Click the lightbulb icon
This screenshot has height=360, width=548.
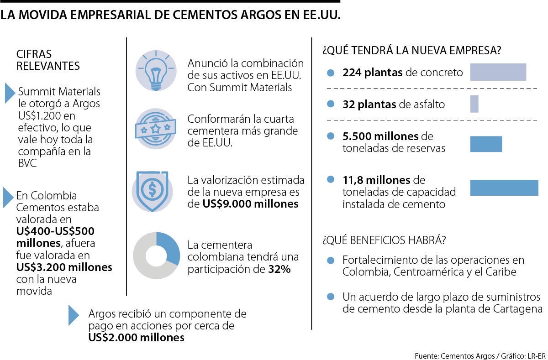(x=156, y=70)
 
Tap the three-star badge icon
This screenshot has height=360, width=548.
(x=156, y=128)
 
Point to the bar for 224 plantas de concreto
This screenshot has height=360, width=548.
(x=498, y=72)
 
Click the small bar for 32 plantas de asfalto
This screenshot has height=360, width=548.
(x=474, y=104)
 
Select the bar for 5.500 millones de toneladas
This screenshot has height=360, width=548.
(x=486, y=144)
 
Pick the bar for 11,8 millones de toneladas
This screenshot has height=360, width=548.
(x=504, y=188)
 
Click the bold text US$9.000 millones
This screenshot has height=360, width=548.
(x=250, y=204)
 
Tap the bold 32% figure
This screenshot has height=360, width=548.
(x=279, y=269)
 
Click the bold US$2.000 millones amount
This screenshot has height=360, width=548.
(x=136, y=338)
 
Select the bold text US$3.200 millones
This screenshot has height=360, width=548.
(x=64, y=267)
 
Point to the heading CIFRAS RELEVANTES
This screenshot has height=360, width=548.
(x=48, y=60)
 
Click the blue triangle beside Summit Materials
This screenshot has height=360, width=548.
(x=10, y=93)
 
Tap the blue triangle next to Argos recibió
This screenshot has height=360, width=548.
(x=73, y=315)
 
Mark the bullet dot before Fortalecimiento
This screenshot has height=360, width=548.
(x=331, y=261)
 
